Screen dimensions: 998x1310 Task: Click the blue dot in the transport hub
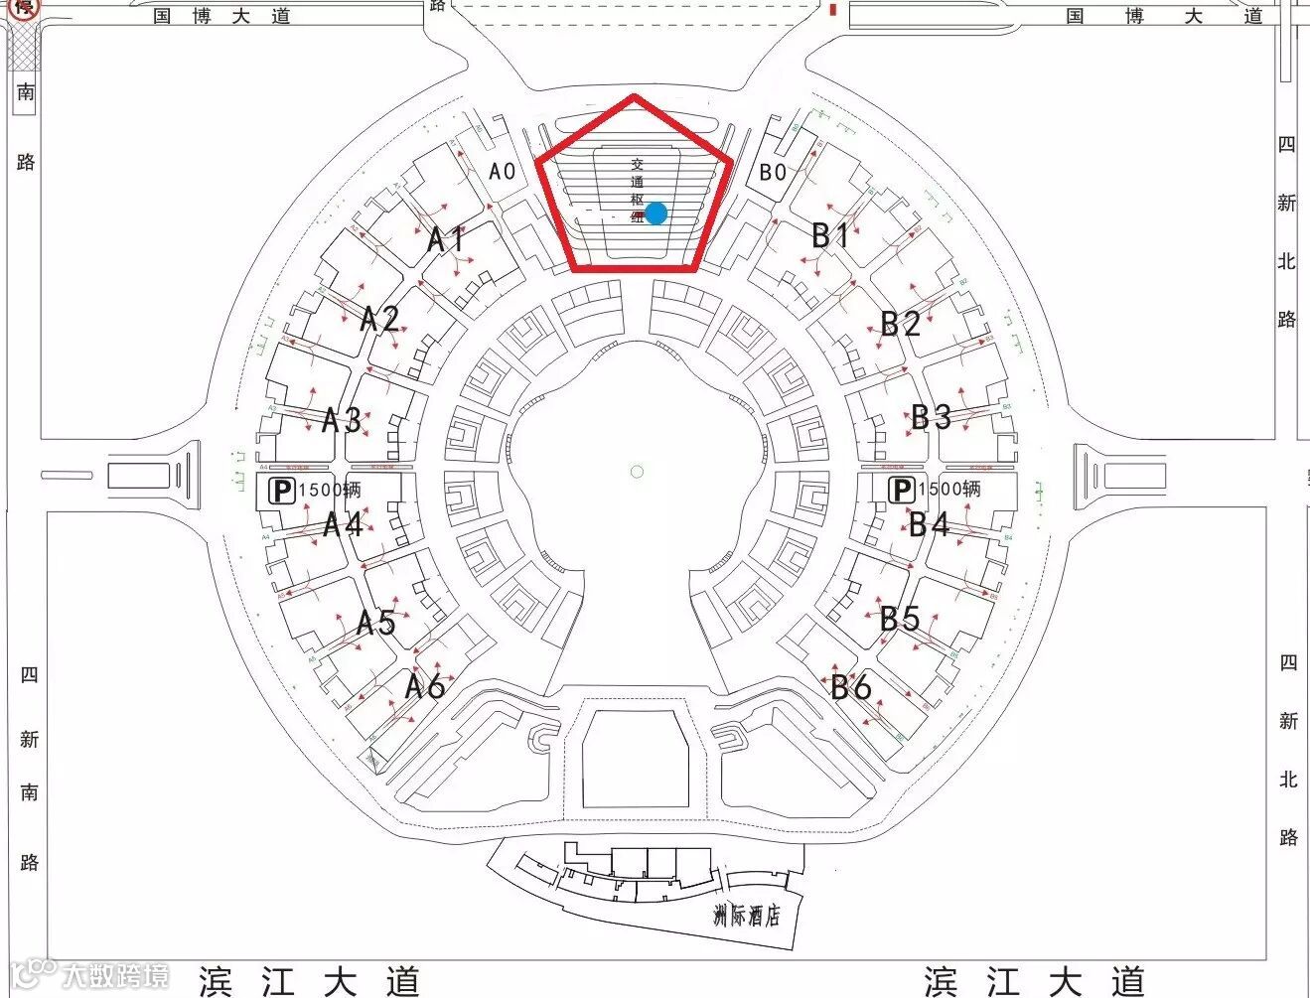click(x=656, y=213)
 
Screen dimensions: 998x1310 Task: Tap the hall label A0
click(x=503, y=171)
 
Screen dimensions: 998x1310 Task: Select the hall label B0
click(x=773, y=172)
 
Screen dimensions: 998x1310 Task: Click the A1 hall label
click(x=447, y=239)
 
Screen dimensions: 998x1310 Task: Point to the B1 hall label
click(x=831, y=235)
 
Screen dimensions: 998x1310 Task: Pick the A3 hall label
click(x=342, y=419)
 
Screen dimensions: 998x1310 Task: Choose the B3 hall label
click(x=932, y=417)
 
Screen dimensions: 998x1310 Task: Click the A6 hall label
click(x=425, y=685)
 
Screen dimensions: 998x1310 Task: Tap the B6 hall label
click(x=851, y=686)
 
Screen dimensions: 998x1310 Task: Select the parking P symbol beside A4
click(x=282, y=490)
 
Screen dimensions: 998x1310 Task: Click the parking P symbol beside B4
click(x=901, y=489)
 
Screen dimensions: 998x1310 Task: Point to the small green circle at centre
click(x=638, y=471)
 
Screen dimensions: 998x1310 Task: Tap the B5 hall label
click(x=900, y=619)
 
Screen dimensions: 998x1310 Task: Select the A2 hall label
click(x=379, y=319)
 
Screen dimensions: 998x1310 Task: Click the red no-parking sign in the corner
click(x=25, y=8)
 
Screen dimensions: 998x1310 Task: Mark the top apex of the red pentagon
click(x=635, y=97)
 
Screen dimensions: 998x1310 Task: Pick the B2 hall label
click(x=901, y=323)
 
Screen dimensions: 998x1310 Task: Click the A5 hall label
click(x=376, y=623)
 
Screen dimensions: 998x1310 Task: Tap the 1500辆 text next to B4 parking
click(x=949, y=489)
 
